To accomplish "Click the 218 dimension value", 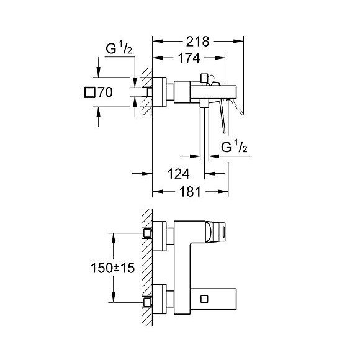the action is [x=197, y=42].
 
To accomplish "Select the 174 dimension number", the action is [x=189, y=58].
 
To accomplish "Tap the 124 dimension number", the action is [x=179, y=174].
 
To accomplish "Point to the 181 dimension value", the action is [x=190, y=191].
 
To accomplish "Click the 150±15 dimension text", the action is [x=113, y=268].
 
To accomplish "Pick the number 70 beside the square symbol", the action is [x=106, y=92].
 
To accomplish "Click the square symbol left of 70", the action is [x=89, y=92].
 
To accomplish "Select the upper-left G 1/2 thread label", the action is [x=119, y=48].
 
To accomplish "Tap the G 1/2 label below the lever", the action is [x=234, y=147].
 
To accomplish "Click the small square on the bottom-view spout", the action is [x=204, y=299].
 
